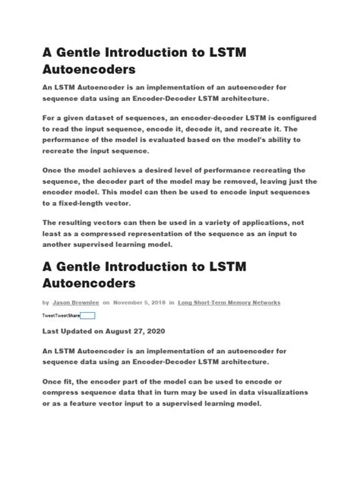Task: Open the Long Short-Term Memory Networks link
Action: (229, 302)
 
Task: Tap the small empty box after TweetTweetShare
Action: (87, 315)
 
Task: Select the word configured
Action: (293, 119)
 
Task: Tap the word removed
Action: (242, 182)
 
